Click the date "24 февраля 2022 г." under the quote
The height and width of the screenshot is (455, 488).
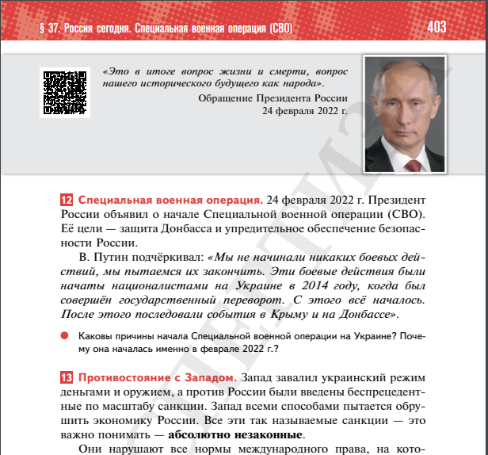coord(310,111)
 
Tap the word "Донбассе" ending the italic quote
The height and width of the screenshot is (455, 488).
coord(362,315)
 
